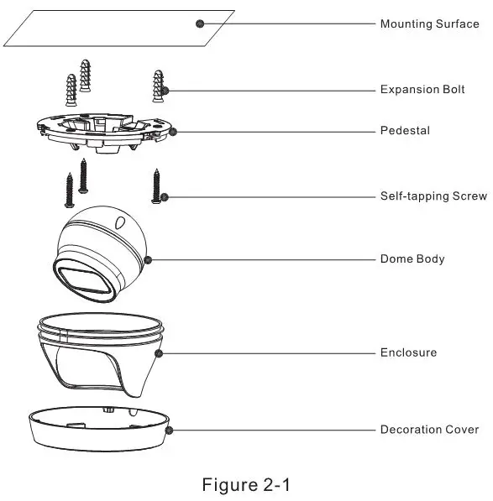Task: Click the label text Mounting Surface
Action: click(429, 23)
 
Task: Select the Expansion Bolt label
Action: click(422, 89)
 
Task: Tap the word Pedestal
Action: click(405, 131)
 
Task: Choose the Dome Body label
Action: click(412, 259)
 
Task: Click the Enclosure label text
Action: click(408, 352)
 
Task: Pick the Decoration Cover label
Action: click(429, 430)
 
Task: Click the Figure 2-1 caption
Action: click(246, 484)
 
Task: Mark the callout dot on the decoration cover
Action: click(170, 430)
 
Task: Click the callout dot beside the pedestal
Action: click(173, 130)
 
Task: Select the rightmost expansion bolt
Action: click(157, 85)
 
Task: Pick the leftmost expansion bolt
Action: click(69, 90)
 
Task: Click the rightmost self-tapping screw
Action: click(155, 185)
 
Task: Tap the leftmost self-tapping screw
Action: click(69, 188)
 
